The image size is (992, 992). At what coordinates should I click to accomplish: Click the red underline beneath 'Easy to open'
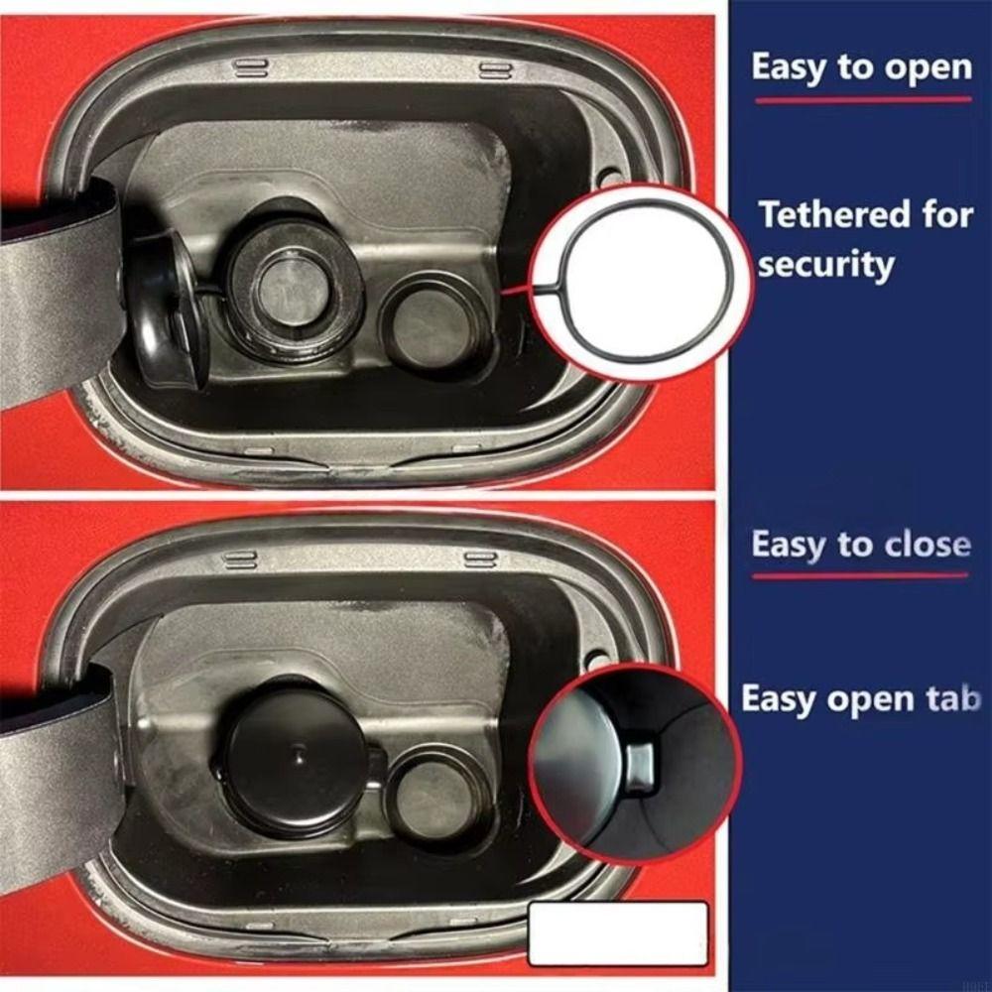(862, 99)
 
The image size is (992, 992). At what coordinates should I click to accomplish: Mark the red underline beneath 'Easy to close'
(859, 575)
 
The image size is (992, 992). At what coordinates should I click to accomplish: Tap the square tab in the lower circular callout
(639, 762)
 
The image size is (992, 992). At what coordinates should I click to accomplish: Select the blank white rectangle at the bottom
(618, 932)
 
